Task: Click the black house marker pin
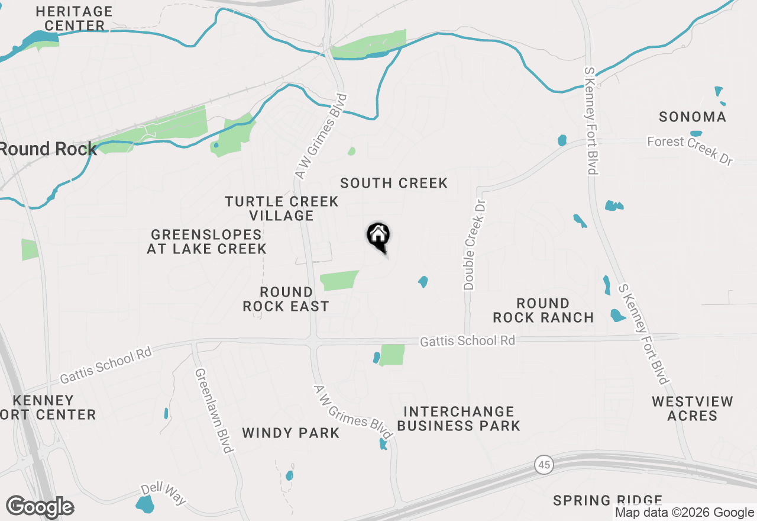(378, 236)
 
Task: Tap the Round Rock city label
(48, 149)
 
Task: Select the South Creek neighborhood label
(394, 184)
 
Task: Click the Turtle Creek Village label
(282, 208)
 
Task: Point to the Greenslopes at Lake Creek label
(206, 242)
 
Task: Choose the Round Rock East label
(286, 299)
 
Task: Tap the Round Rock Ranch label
(543, 310)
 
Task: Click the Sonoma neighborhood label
(693, 117)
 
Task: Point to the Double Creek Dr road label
(475, 244)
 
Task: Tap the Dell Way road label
(163, 494)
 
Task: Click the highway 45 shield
(544, 465)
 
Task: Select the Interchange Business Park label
(458, 419)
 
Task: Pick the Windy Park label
(291, 433)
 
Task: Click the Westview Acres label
(693, 409)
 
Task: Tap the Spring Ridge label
(607, 501)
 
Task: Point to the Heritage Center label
(74, 18)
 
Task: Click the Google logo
(40, 507)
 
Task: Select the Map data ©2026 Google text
(684, 513)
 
